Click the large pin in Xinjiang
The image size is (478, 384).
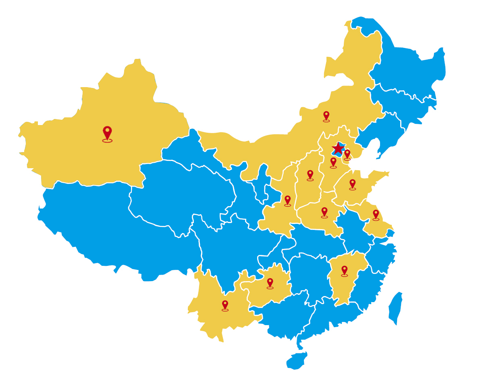pos(107,132)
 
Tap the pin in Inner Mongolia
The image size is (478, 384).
pos(326,115)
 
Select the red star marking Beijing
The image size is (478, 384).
pos(338,148)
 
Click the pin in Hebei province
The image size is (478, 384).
pos(333,162)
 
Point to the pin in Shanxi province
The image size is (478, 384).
pos(310,174)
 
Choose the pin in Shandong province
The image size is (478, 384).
pos(352,184)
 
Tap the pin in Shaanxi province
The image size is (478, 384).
pos(287,200)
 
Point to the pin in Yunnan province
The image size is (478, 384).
pos(225,305)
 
